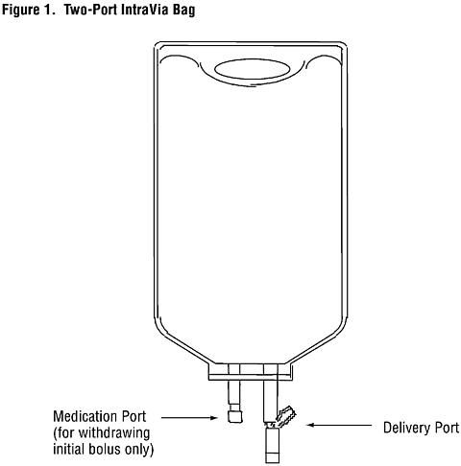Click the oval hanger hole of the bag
(253, 69)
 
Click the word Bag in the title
(184, 11)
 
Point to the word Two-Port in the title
(90, 10)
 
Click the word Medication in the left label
(83, 416)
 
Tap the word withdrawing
(114, 433)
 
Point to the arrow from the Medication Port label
(189, 417)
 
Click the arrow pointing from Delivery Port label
(339, 425)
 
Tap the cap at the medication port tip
(235, 416)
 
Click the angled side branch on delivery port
(285, 416)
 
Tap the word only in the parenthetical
(140, 450)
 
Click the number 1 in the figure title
(46, 10)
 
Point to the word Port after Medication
(132, 416)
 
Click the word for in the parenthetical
(63, 433)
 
